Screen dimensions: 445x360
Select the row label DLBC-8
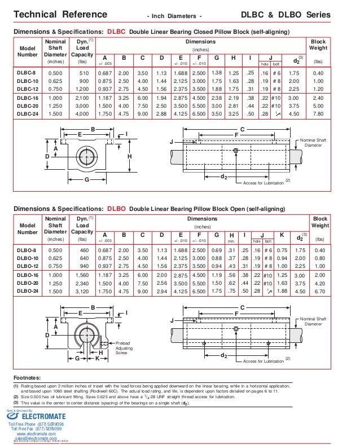coord(27,73)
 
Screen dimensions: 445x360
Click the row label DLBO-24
coord(27,291)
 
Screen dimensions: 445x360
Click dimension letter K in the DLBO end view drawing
coord(97,358)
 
